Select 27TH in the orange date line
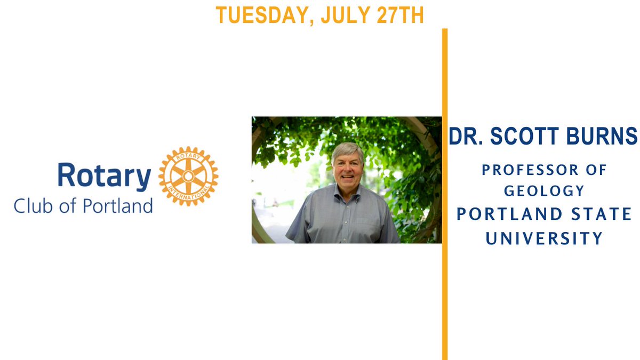coord(402,15)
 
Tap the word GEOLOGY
coord(544,190)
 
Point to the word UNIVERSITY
coord(544,238)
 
